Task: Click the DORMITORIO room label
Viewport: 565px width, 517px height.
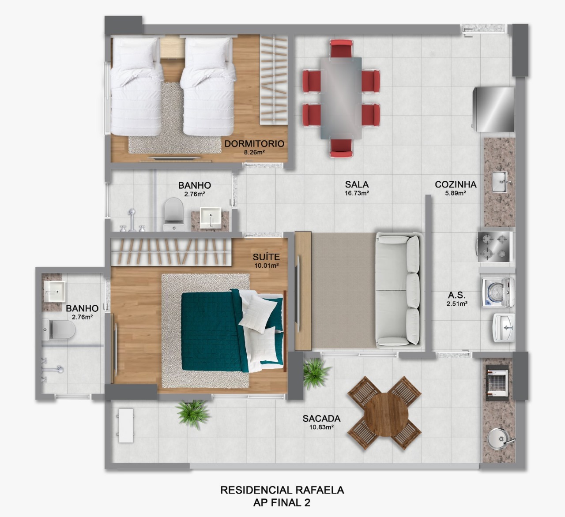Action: (254, 143)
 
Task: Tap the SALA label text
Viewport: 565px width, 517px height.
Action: (357, 184)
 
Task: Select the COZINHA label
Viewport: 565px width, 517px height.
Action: (456, 184)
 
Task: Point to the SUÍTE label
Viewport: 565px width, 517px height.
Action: (266, 257)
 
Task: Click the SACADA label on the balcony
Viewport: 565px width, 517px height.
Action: (321, 419)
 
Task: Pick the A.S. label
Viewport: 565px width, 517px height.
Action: (457, 296)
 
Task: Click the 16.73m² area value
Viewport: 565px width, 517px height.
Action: (357, 193)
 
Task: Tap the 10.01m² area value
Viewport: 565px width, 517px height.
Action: (266, 266)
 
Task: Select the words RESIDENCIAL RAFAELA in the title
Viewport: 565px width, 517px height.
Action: (282, 490)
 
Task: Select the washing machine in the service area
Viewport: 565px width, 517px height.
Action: (497, 292)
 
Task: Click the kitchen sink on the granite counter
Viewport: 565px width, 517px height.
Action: (501, 181)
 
